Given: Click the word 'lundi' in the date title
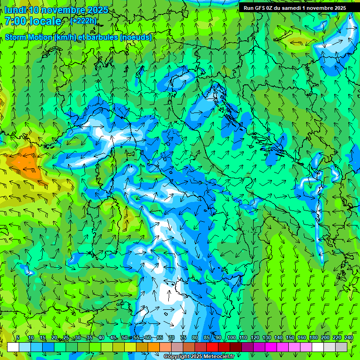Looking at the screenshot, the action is tap(15, 10).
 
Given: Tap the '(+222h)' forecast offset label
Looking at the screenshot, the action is tap(84, 21).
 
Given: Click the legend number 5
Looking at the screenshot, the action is tap(18, 338).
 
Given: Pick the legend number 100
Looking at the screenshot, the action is tap(231, 338).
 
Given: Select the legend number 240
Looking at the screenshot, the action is tap(348, 338).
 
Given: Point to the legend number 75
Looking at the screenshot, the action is tap(183, 338).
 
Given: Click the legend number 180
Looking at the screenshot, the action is tap(313, 338).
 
